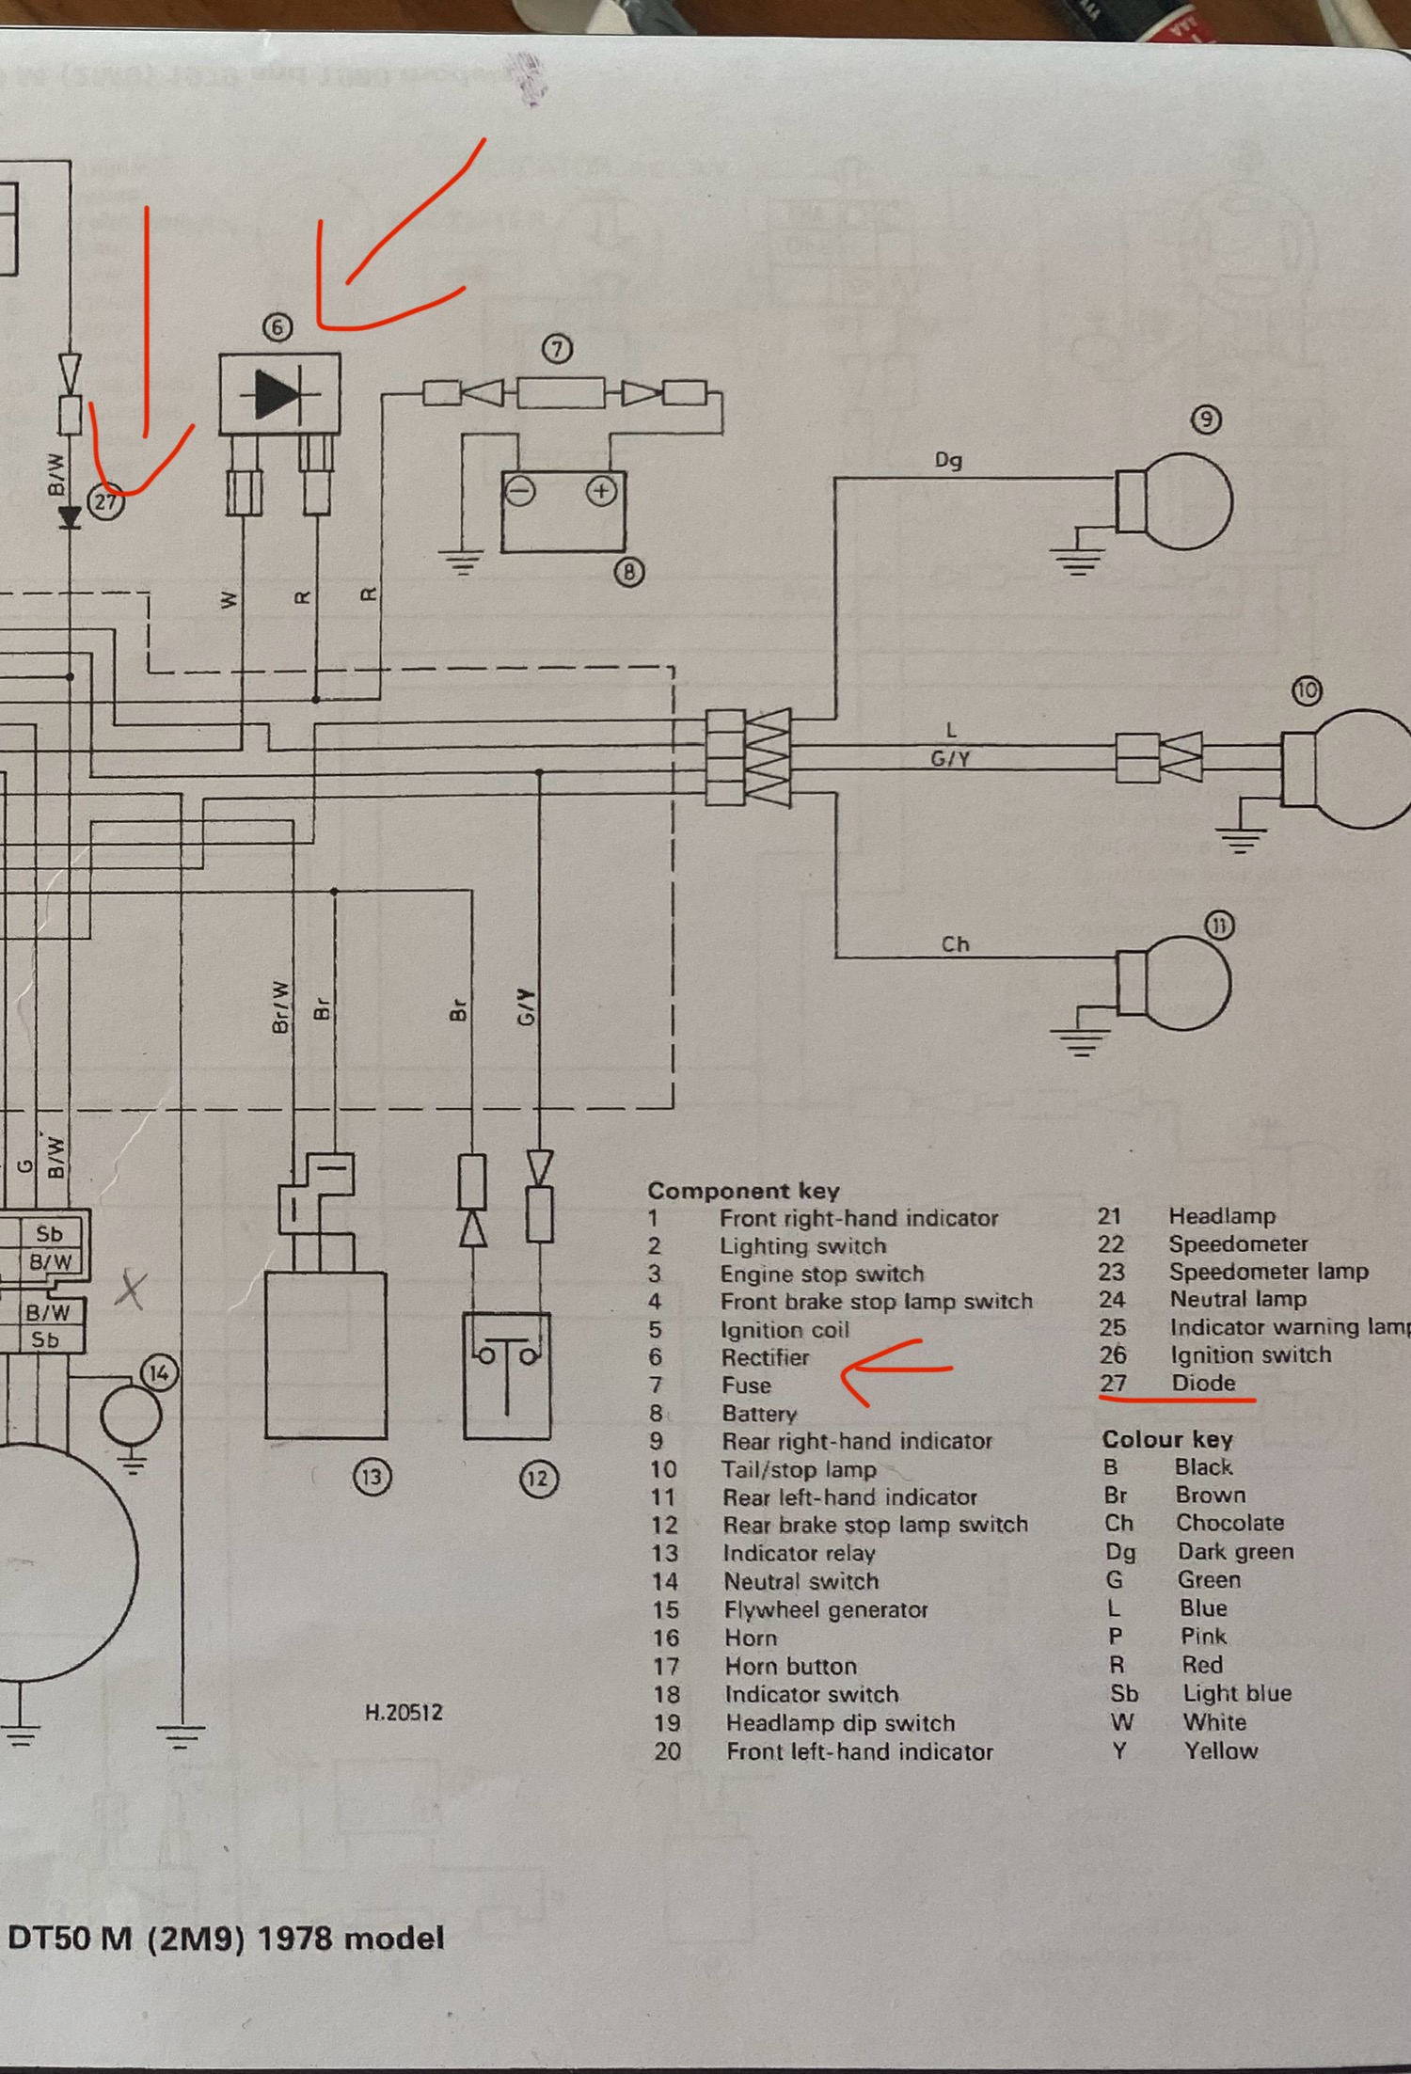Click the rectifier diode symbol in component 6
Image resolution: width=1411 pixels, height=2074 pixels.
click(278, 394)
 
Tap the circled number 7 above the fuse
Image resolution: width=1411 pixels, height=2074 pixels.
click(557, 350)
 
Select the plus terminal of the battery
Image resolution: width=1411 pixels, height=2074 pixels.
click(601, 491)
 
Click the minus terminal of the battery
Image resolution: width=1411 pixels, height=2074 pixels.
click(520, 491)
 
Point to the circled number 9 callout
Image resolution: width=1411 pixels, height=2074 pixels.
click(1206, 420)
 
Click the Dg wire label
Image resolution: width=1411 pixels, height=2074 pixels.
click(947, 460)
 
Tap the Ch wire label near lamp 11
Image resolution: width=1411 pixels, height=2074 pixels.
click(955, 943)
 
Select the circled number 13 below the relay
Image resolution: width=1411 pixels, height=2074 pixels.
click(372, 1477)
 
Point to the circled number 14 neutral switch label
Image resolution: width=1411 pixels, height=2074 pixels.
click(159, 1373)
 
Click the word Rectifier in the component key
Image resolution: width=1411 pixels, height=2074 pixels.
click(765, 1357)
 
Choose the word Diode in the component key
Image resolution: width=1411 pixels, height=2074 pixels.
click(1203, 1383)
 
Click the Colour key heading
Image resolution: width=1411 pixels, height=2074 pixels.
click(1166, 1439)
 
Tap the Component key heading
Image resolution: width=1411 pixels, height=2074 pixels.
click(742, 1191)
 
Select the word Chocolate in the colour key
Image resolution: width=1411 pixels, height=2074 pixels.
click(1229, 1523)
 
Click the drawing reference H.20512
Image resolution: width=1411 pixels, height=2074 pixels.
click(404, 1712)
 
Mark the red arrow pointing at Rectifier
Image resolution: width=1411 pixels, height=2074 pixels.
click(894, 1371)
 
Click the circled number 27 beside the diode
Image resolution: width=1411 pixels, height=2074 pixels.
click(105, 501)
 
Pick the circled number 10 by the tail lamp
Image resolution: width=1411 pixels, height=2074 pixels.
click(1307, 691)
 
